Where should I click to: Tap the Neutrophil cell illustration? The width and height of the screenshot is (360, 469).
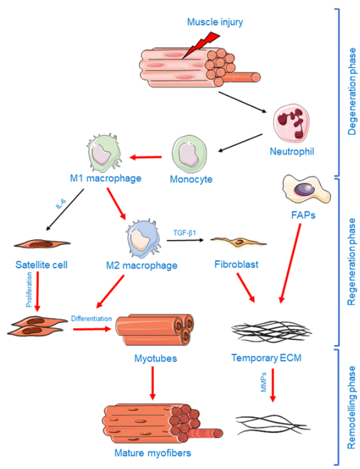pyautogui.click(x=291, y=123)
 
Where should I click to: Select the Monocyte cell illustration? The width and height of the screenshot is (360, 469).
pyautogui.click(x=189, y=154)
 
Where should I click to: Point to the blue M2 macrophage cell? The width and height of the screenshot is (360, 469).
pyautogui.click(x=143, y=238)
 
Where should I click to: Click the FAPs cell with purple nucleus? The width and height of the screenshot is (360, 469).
pyautogui.click(x=306, y=189)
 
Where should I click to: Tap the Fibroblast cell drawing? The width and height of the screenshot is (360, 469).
pyautogui.click(x=239, y=242)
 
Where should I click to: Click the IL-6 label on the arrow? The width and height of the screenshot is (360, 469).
pyautogui.click(x=61, y=204)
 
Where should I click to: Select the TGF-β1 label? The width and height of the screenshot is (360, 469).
pyautogui.click(x=185, y=233)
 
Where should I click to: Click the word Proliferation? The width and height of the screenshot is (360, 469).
pyautogui.click(x=29, y=289)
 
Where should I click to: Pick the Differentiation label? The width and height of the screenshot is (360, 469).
pyautogui.click(x=91, y=319)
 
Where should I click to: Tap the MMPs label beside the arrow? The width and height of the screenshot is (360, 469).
pyautogui.click(x=264, y=382)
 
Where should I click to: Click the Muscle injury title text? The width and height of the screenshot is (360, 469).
pyautogui.click(x=215, y=22)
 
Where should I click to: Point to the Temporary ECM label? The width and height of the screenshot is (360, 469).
pyautogui.click(x=266, y=358)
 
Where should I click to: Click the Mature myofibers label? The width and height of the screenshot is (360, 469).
pyautogui.click(x=153, y=453)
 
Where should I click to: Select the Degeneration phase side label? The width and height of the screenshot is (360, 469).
pyautogui.click(x=352, y=91)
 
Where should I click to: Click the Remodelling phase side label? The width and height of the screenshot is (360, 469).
pyautogui.click(x=352, y=407)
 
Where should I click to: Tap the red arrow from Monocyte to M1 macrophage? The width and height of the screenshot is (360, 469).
pyautogui.click(x=146, y=157)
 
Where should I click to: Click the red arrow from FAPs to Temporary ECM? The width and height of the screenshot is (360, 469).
pyautogui.click(x=290, y=264)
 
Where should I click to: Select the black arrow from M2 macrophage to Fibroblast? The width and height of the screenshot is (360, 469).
pyautogui.click(x=185, y=240)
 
